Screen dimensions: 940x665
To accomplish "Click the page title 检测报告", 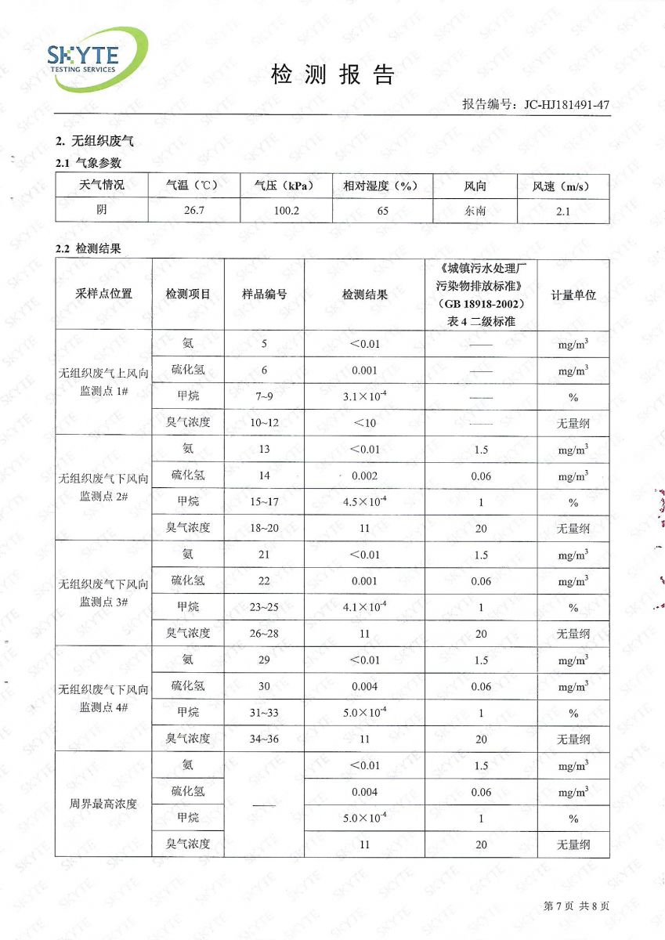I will [x=332, y=75].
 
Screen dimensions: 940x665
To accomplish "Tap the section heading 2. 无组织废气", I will [x=95, y=142].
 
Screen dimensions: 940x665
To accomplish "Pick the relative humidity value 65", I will [x=382, y=211].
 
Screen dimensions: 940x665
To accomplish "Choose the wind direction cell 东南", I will [x=475, y=211].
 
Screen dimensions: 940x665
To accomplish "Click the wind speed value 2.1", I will [x=562, y=211].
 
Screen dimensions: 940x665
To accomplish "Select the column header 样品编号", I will [x=264, y=295].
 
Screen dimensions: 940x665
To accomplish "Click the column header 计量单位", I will [x=573, y=295].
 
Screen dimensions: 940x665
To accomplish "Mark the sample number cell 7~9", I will [x=264, y=397].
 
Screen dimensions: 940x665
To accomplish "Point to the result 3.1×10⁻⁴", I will [x=364, y=396].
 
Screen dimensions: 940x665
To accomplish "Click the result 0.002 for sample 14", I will [x=364, y=475].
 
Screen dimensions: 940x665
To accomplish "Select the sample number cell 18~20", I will [x=264, y=528].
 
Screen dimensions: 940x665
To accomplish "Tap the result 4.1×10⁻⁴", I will [x=364, y=606].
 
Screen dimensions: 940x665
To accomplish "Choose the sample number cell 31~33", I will [x=264, y=712].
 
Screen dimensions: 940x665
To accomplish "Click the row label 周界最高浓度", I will [x=103, y=804].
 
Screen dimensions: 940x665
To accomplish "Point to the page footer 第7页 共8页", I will [x=576, y=906].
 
